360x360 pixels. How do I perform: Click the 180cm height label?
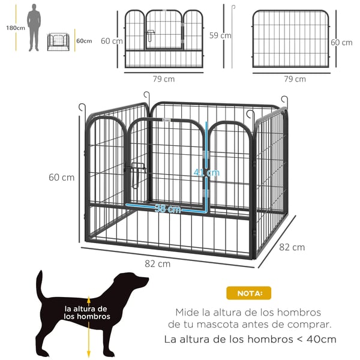point(16,28)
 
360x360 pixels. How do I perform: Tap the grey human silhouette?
point(34,28)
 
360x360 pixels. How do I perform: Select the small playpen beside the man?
point(58,42)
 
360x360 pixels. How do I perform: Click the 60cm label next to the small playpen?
point(84,41)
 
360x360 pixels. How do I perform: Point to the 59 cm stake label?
point(220,35)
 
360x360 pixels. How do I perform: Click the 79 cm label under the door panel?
point(164,79)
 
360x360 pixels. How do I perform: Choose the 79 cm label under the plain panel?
point(295,79)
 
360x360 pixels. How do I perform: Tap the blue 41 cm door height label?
point(206,172)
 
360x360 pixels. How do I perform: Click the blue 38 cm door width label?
point(167,208)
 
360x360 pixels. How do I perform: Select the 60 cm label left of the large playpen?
point(62,178)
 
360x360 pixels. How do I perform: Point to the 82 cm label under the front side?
point(157,264)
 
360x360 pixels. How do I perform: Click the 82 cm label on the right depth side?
point(292,247)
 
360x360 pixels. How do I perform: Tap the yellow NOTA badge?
point(248,293)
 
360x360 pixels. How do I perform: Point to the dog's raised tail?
point(40,284)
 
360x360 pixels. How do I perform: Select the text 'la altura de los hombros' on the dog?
point(87,313)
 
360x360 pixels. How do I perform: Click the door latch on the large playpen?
point(137,175)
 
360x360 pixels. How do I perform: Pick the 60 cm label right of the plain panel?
point(341,43)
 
